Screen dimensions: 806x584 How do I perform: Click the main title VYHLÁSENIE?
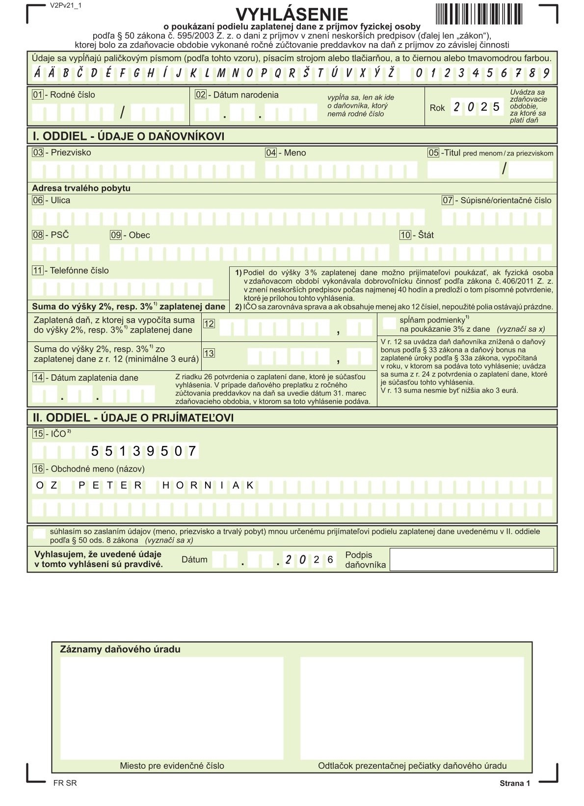(292, 15)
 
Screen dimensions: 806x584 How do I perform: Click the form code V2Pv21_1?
(66, 6)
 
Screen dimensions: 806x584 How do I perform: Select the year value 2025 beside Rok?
(477, 107)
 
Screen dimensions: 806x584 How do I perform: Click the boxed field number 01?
(37, 95)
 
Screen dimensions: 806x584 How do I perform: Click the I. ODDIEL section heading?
(128, 136)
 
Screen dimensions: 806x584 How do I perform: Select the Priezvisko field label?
(71, 153)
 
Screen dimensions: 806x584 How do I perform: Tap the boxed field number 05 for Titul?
(433, 153)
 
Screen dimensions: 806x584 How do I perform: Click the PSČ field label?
(60, 235)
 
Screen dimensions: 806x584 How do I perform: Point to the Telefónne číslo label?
(79, 270)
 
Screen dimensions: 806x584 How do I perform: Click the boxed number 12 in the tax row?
(209, 324)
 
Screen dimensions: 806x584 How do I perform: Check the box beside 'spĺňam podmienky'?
(389, 323)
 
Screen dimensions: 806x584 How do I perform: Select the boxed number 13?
(209, 353)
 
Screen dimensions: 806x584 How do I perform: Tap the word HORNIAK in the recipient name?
(208, 486)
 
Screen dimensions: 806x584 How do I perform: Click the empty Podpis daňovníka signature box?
(472, 559)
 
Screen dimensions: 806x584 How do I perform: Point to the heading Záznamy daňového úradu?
(120, 650)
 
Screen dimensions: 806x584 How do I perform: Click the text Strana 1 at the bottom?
(515, 783)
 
